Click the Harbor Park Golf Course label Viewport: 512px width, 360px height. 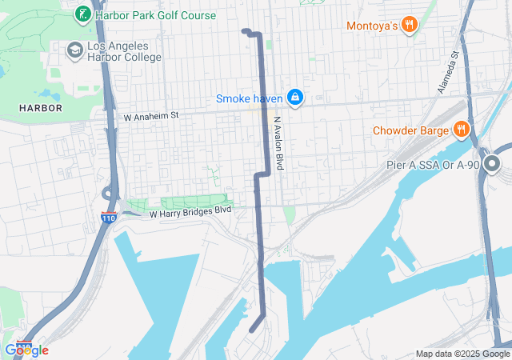point(155,15)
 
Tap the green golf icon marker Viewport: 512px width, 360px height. point(82,14)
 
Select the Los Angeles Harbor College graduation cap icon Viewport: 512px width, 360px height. point(75,50)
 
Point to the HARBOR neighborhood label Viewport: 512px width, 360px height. point(40,107)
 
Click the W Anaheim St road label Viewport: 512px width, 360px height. point(151,117)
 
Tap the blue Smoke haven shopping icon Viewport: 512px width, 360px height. point(295,98)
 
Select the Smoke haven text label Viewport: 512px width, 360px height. point(249,98)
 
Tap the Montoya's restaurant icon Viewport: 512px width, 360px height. point(409,25)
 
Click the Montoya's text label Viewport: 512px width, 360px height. point(372,26)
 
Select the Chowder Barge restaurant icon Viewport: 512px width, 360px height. point(461,130)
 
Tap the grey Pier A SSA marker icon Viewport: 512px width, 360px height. point(491,165)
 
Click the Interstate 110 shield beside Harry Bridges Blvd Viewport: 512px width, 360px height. point(110,217)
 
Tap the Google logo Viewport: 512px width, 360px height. point(26,350)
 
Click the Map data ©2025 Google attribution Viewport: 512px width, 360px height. point(462,354)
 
